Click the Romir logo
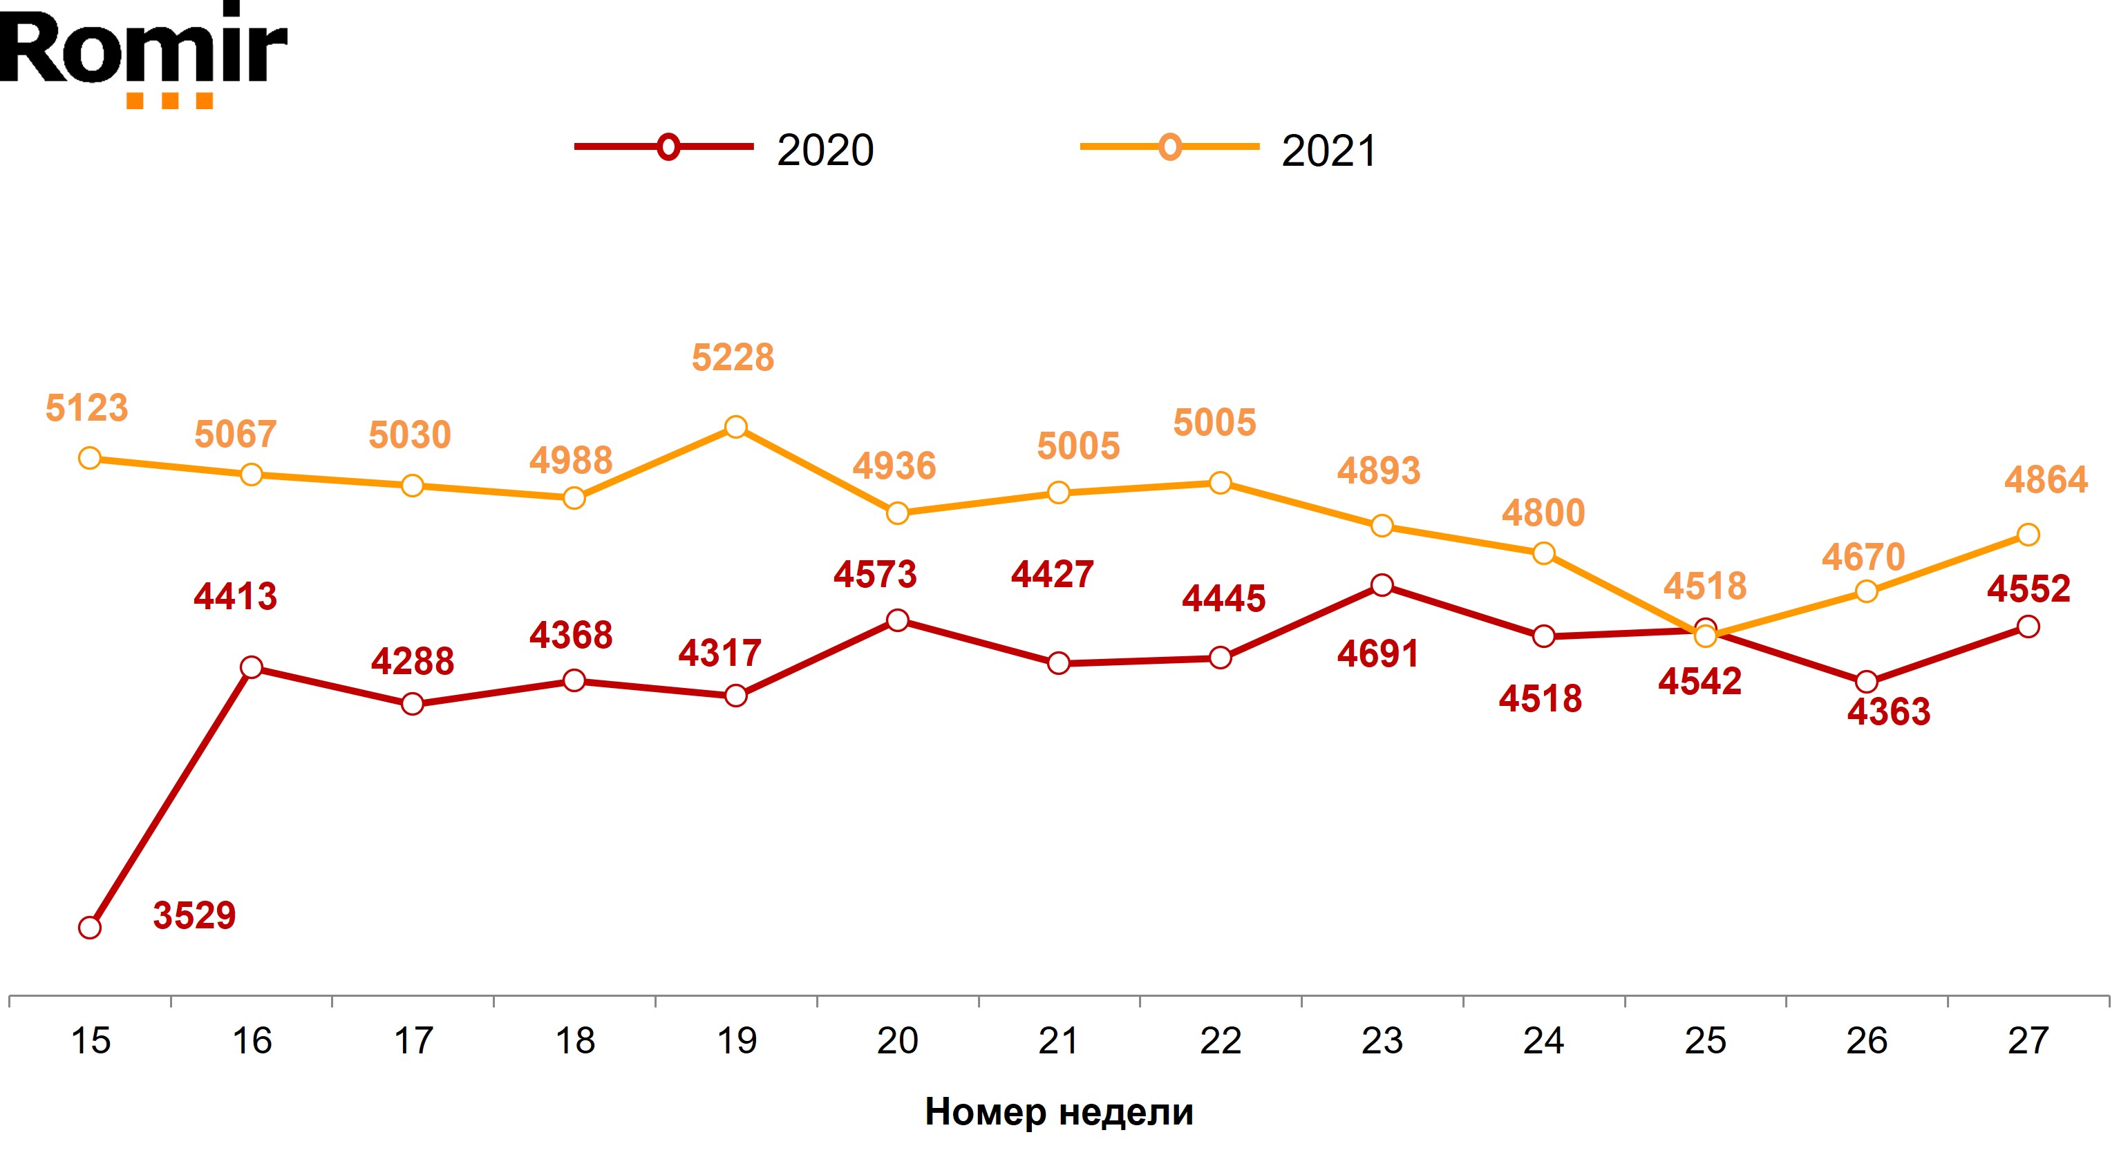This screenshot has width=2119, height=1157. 144,53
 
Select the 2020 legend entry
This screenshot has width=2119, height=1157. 724,149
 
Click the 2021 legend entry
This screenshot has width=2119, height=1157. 1229,149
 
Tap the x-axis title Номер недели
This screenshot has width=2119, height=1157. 1059,1112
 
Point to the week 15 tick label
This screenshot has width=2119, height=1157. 91,1041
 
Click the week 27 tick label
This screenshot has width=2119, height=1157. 2028,1041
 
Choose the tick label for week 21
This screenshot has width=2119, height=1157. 1058,1041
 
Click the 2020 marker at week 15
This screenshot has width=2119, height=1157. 90,928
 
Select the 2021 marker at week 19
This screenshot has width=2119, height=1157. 735,427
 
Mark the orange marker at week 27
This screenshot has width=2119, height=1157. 2028,535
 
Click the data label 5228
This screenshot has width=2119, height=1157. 732,358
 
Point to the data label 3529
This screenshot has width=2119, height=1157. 194,915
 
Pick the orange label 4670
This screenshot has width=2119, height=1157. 1863,557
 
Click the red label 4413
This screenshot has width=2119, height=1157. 235,596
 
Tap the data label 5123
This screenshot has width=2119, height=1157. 86,408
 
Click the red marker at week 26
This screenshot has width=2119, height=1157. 1867,682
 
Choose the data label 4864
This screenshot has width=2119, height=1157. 2046,479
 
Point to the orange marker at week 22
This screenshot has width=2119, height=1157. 1220,483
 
